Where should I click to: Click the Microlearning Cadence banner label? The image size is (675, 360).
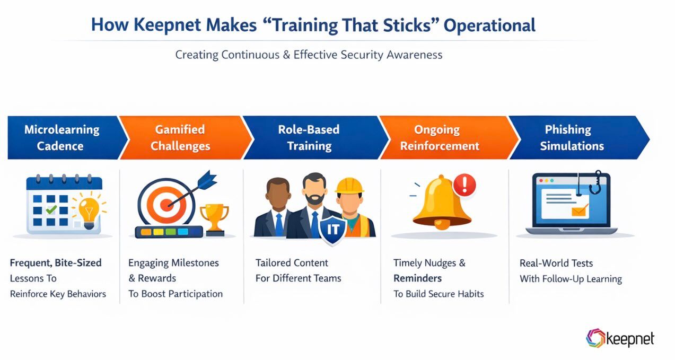(x=61, y=138)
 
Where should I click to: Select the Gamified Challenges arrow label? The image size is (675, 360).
(x=180, y=138)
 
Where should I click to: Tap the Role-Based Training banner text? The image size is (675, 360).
(x=309, y=138)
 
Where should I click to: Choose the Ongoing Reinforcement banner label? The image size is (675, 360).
(x=440, y=138)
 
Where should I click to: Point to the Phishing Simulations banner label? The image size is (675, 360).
(x=572, y=138)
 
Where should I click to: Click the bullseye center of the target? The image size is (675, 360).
(x=166, y=204)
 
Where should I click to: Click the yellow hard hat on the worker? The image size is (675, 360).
(x=349, y=186)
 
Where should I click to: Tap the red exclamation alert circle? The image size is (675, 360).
(x=465, y=185)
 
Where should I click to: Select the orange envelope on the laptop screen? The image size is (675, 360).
(x=580, y=210)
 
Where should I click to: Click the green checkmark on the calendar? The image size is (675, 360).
(x=51, y=210)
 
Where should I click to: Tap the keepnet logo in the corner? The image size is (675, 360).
(x=620, y=339)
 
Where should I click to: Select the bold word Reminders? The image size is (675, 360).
(x=417, y=278)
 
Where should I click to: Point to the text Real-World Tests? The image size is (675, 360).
(x=556, y=263)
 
